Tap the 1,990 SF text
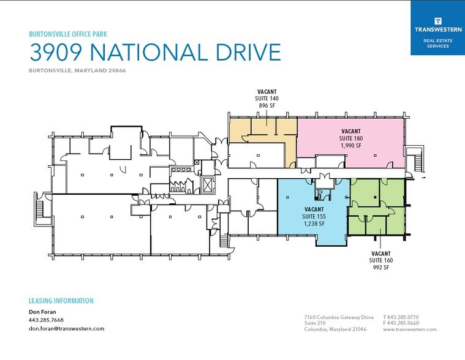350,146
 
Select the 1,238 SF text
314,223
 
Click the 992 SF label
380,267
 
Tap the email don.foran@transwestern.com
66,329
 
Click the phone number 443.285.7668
46,320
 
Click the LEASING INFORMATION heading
61,301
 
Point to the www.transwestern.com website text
409,329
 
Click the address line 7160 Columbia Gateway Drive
339,317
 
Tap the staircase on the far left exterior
40,209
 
